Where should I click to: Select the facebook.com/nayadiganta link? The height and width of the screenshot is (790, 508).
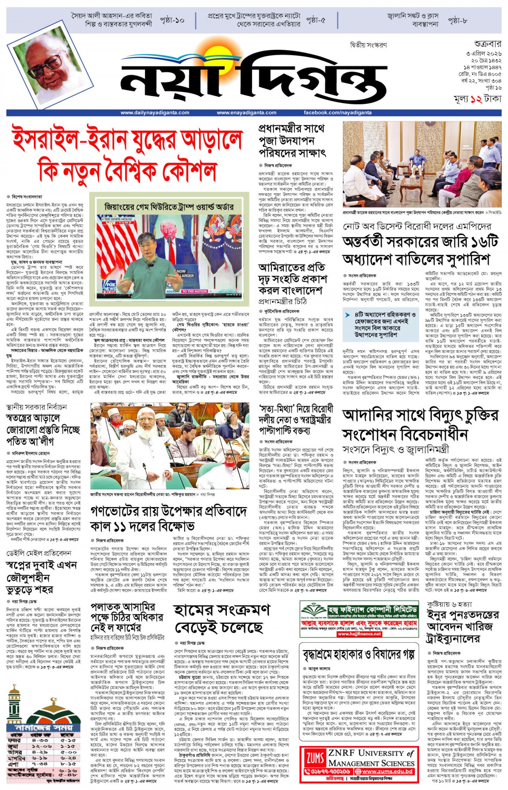pyautogui.click(x=337, y=112)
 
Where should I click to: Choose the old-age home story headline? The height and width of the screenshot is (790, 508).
pyautogui.click(x=359, y=655)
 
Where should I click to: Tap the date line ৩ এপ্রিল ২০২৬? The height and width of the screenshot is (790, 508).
pyautogui.click(x=483, y=54)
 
